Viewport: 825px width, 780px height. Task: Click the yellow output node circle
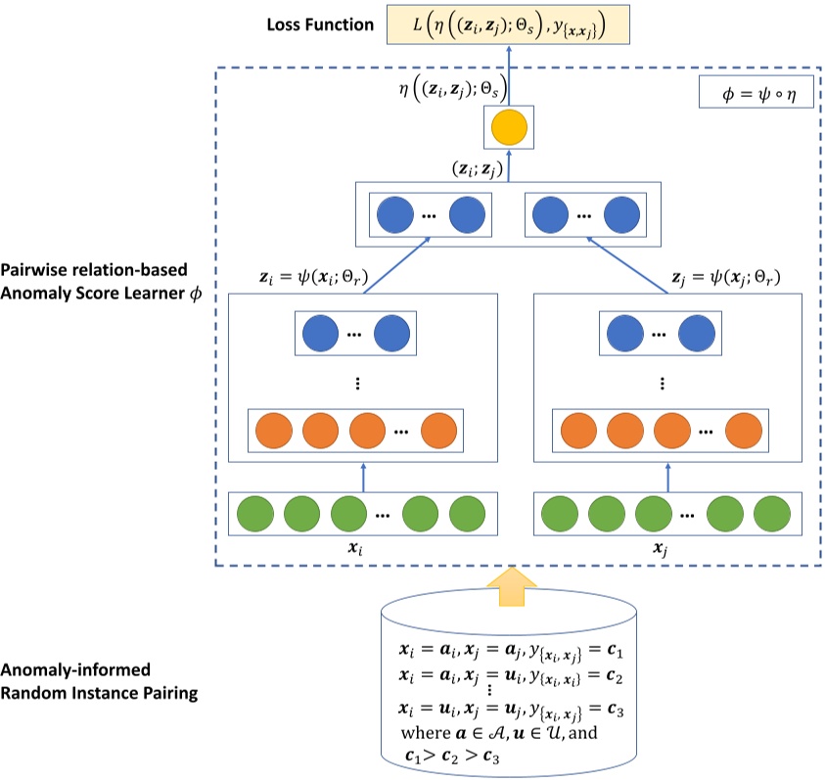pyautogui.click(x=509, y=127)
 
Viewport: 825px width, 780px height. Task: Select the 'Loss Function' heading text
pyautogui.click(x=319, y=23)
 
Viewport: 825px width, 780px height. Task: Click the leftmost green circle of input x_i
pyautogui.click(x=255, y=515)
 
